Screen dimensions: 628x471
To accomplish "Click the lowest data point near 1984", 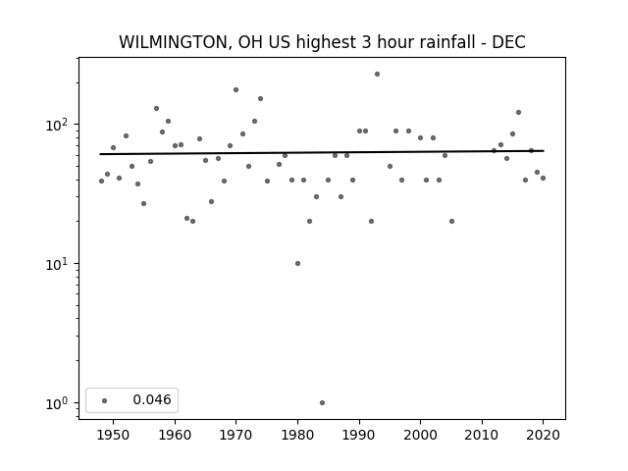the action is (x=322, y=403).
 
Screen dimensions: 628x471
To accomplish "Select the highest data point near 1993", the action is (x=377, y=75).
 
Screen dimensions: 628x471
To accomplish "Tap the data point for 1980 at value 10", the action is (x=297, y=264).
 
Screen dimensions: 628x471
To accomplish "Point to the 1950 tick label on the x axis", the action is (x=114, y=435).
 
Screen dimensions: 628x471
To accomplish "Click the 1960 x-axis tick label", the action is (x=175, y=435).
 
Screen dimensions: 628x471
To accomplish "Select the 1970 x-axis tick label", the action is (x=235, y=435).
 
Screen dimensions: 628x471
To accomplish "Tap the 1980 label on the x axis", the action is (x=297, y=435).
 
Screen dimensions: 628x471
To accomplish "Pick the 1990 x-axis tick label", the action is (x=359, y=435).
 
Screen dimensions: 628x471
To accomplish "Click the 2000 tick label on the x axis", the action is (x=421, y=435).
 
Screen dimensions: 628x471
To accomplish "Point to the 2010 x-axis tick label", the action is (x=482, y=435).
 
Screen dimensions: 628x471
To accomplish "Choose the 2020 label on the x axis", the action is (x=543, y=435).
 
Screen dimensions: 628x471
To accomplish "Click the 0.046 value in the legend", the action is (x=152, y=399).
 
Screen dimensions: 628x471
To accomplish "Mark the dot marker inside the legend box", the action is (x=104, y=400).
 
